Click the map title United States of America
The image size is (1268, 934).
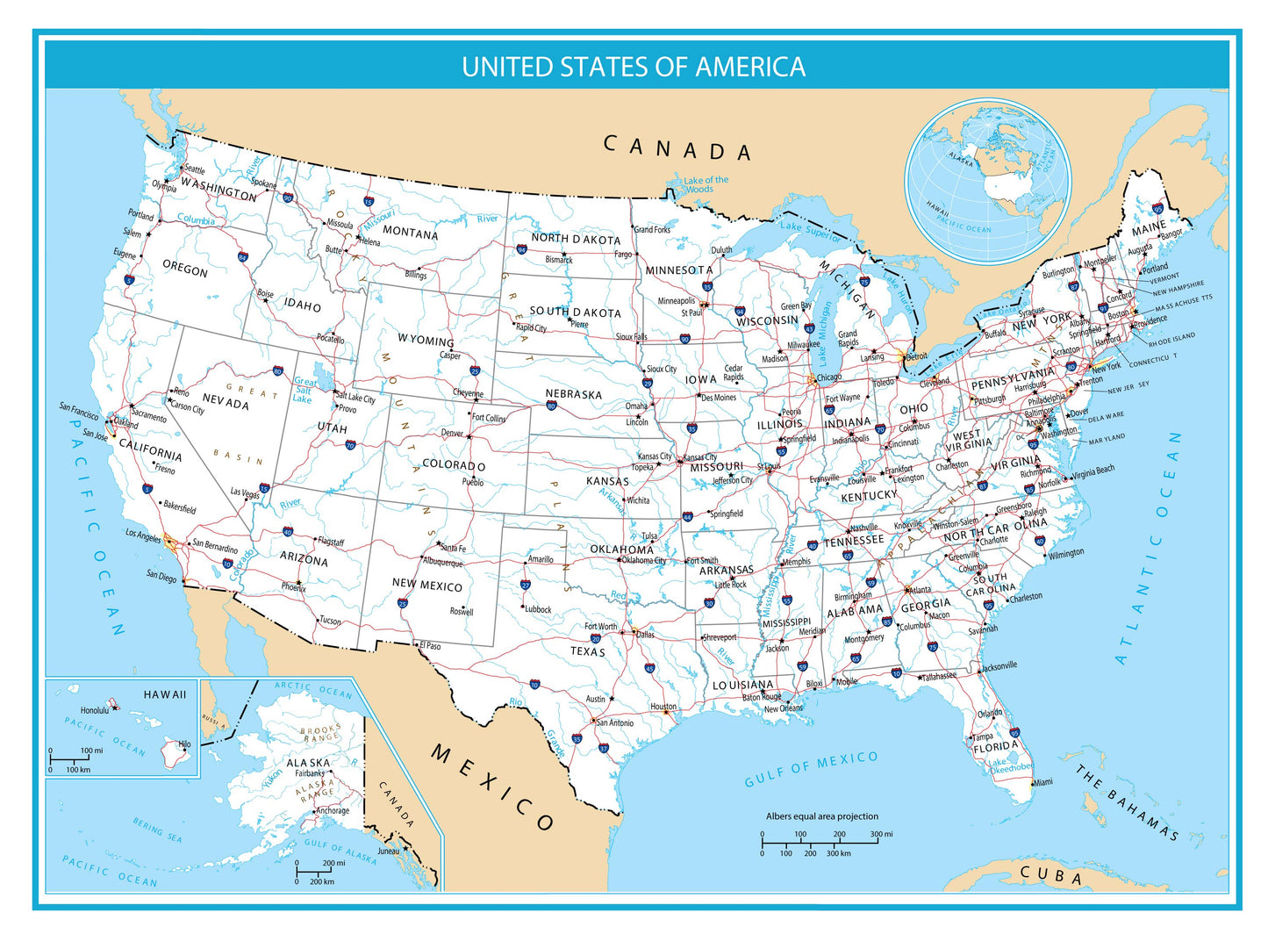coord(634,67)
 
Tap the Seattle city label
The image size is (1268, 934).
coord(194,169)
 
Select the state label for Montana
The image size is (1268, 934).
coord(410,233)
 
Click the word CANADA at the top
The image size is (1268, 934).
coord(677,148)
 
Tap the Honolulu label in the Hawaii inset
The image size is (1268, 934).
coord(94,710)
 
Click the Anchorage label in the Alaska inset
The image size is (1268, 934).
coord(333,810)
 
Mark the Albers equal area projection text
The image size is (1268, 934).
coord(821,816)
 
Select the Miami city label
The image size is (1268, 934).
coord(1042,782)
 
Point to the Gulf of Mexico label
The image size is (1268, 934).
coord(811,769)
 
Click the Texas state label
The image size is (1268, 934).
coord(587,651)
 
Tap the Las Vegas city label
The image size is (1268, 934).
coord(245,492)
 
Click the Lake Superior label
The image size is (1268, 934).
coord(811,231)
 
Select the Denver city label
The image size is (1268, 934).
coord(452,433)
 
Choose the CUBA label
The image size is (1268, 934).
coord(1051,875)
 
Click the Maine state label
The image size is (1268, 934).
coord(1149,230)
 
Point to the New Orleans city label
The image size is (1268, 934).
coord(783,708)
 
